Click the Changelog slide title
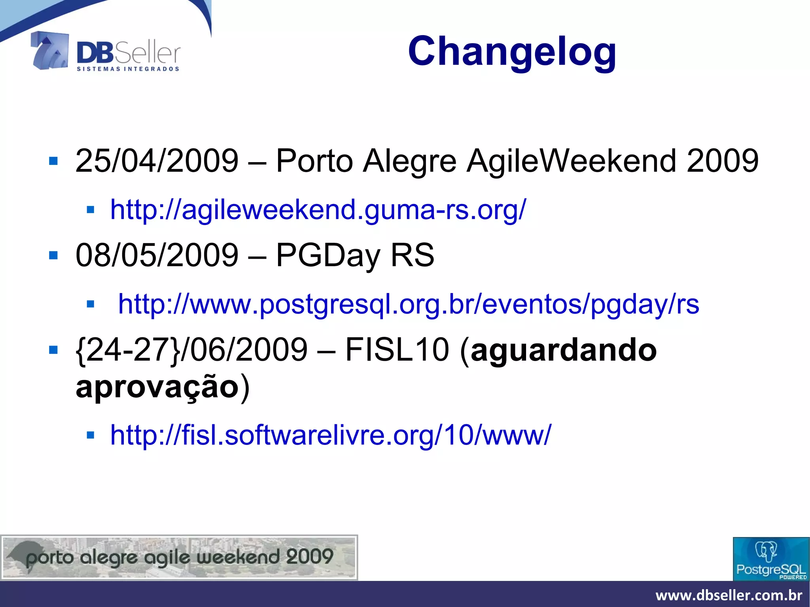point(512,51)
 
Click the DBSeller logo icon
point(50,51)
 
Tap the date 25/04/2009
point(157,161)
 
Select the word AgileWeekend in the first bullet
point(572,161)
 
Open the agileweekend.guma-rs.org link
point(318,210)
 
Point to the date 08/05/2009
point(157,255)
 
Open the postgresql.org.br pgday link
point(409,304)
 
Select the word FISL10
point(397,350)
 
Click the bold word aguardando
point(564,350)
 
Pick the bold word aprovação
point(157,387)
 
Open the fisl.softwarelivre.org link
point(330,435)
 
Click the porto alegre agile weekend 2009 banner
point(179,558)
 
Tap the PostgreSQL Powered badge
point(771,559)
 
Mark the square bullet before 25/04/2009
point(53,161)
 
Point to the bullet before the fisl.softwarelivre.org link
point(91,435)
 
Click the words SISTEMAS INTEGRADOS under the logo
point(128,69)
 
